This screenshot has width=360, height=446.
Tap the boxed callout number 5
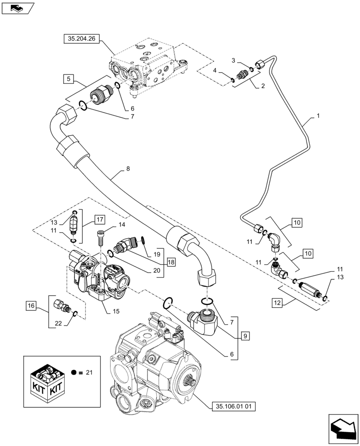68,79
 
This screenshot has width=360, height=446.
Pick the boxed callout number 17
99,219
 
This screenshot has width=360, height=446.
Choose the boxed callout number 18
172,262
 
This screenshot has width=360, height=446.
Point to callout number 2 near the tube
263,86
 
